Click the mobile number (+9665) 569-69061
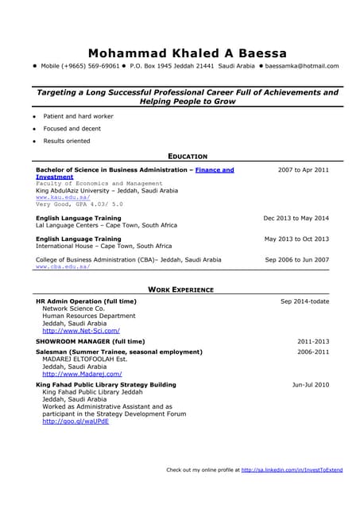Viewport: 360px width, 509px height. pos(80,66)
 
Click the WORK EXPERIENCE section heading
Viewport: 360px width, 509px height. pos(180,289)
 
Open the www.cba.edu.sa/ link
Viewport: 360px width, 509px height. pos(63,267)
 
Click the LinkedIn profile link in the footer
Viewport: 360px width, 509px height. pos(292,470)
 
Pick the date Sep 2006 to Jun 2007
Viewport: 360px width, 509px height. pos(296,260)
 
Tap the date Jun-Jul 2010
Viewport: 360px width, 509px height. pos(311,385)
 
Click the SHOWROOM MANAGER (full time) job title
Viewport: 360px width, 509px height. pos(91,341)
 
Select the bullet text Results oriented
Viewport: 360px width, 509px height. pos(67,141)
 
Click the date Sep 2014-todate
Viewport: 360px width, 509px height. pos(304,302)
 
